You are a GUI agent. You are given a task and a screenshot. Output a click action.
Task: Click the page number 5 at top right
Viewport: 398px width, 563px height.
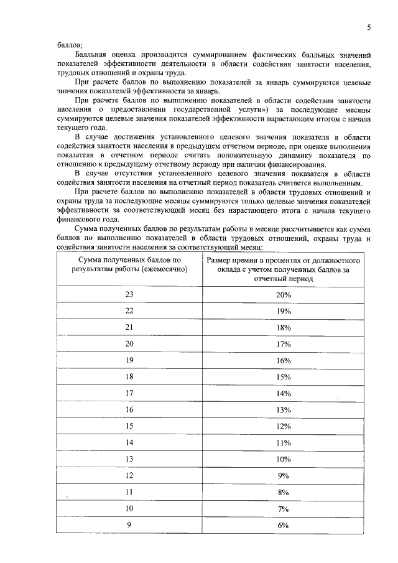click(x=369, y=27)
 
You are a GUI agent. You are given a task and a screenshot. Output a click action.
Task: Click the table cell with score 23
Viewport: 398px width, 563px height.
click(x=129, y=295)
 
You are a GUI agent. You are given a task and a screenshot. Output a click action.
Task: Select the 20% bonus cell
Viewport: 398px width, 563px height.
click(x=284, y=295)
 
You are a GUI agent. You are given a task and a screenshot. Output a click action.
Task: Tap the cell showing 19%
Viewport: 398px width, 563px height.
click(x=284, y=311)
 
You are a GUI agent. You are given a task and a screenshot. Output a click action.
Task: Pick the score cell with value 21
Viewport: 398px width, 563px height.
click(x=129, y=327)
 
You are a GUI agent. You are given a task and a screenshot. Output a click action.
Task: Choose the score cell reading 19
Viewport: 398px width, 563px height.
click(x=129, y=360)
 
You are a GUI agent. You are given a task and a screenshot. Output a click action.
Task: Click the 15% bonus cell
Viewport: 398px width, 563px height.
click(x=284, y=377)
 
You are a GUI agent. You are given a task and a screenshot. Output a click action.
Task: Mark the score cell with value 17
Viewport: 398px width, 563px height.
click(x=129, y=393)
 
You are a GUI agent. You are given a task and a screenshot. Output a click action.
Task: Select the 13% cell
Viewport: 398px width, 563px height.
click(x=284, y=410)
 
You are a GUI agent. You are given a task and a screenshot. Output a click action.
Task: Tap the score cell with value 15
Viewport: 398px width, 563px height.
click(x=129, y=426)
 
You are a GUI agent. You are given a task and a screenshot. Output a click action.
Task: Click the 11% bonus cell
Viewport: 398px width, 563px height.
click(x=284, y=443)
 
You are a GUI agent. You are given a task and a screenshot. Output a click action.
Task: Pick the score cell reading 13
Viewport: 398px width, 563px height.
click(x=129, y=459)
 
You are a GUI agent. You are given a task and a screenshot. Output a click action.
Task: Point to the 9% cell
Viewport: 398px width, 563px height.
click(x=284, y=476)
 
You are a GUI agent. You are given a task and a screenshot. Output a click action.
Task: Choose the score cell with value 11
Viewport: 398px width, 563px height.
click(x=129, y=492)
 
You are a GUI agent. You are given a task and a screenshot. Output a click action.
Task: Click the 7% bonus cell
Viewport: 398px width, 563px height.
click(x=284, y=509)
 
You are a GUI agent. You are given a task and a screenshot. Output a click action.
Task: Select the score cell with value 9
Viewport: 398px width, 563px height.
click(x=129, y=525)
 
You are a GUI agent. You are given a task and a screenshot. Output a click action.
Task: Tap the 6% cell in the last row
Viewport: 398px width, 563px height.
click(x=284, y=525)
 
